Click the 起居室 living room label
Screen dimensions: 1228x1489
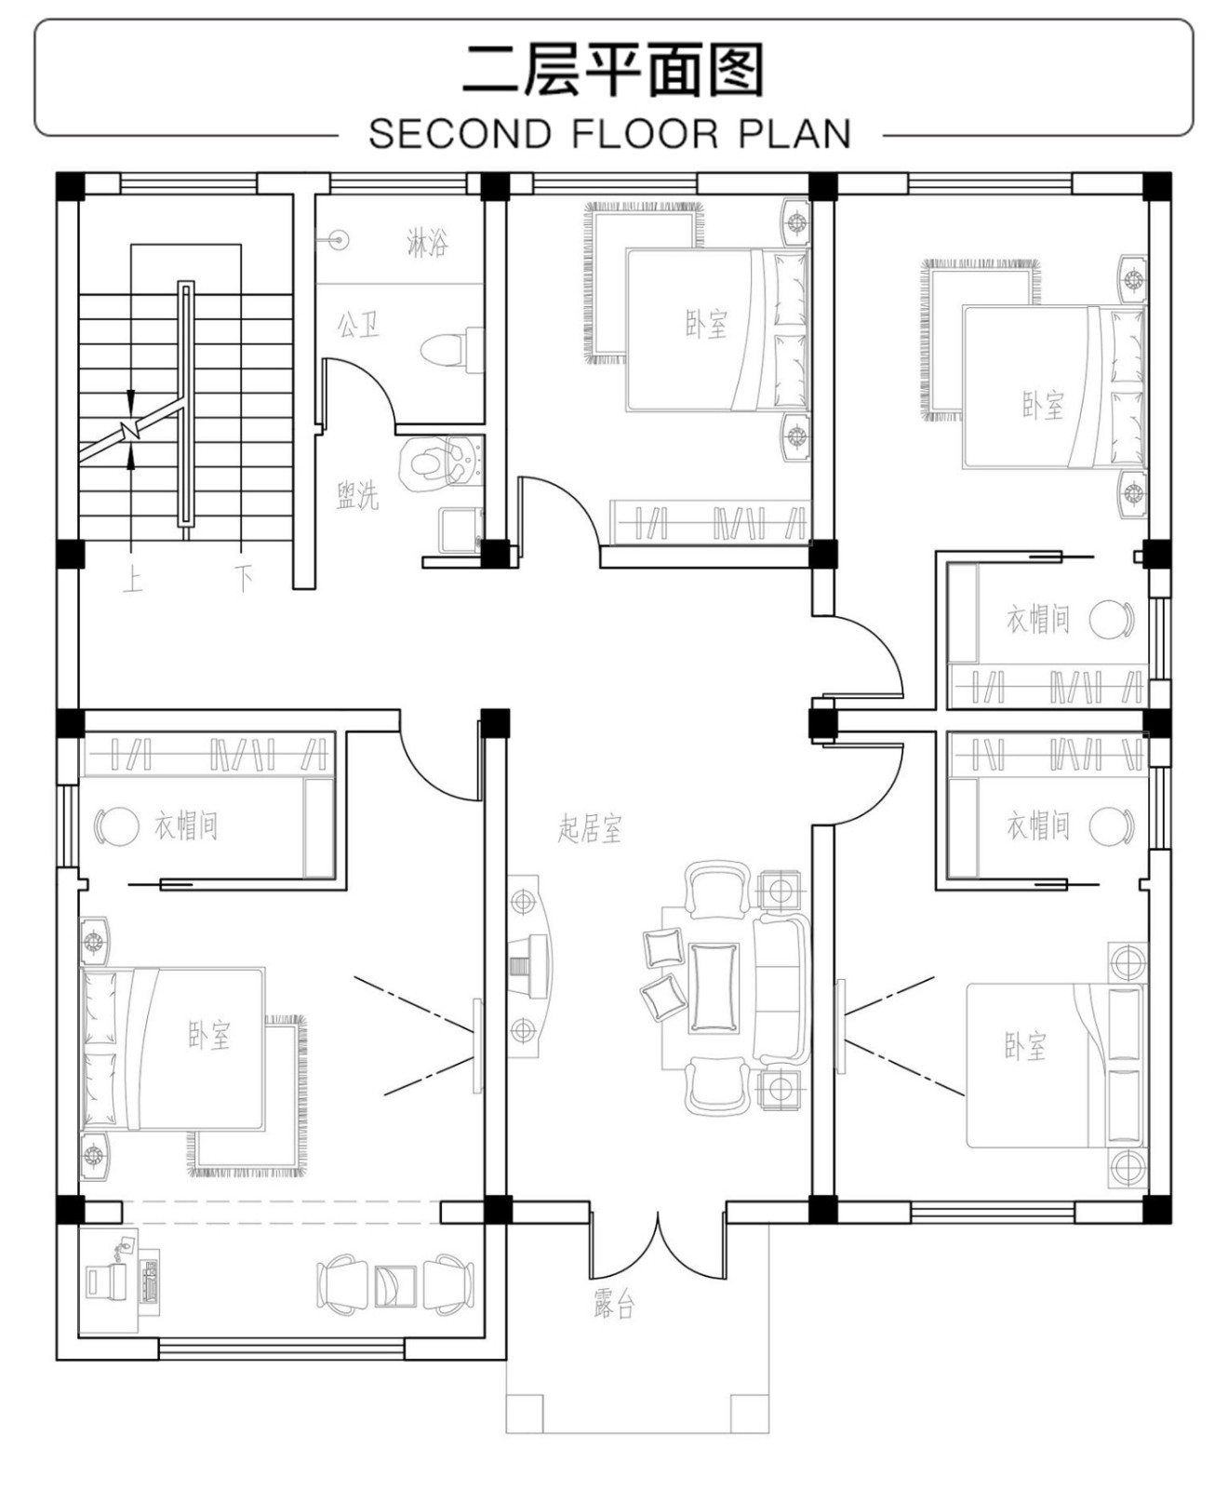590,827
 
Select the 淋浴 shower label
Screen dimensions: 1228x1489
427,243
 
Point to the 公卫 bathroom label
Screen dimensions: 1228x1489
358,325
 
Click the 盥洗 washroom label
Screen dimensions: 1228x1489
358,494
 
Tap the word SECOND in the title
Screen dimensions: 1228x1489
460,134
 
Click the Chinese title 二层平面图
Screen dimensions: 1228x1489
613,69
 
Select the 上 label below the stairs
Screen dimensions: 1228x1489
132,580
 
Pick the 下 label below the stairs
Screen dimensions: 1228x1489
244,580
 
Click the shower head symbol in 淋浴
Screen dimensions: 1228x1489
340,240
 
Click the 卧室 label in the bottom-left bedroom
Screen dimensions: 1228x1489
209,1035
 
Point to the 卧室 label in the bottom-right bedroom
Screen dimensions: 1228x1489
1025,1047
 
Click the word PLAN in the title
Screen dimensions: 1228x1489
795,134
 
